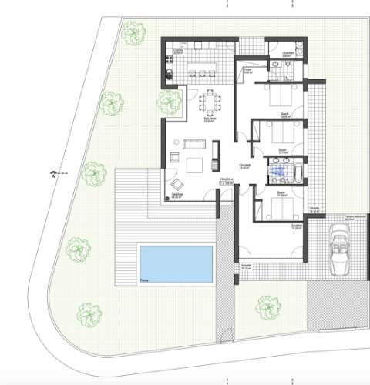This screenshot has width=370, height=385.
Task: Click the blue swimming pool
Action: pos(176,263)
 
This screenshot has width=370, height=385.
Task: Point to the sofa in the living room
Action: pos(191,144)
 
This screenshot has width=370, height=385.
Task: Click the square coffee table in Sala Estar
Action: pos(195,163)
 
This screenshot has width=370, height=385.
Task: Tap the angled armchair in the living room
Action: pos(177,184)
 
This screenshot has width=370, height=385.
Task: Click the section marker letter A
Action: pos(52,176)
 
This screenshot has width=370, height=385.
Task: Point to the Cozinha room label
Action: pos(177,51)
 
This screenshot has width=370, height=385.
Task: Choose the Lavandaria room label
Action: pos(286,55)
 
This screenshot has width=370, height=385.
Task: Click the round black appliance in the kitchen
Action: pos(170,74)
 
